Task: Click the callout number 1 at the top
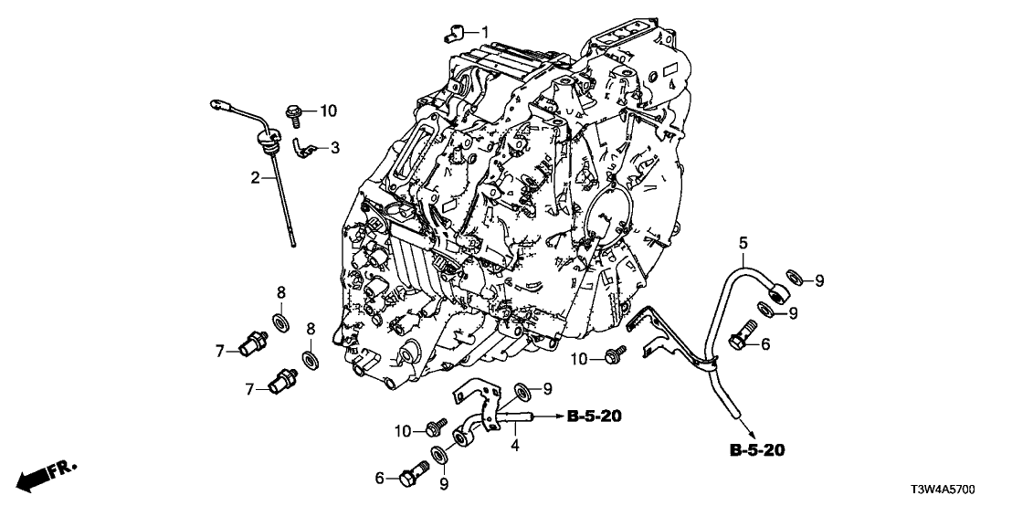(x=486, y=32)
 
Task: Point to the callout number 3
(x=335, y=147)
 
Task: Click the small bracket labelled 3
(x=301, y=144)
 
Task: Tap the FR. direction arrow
(x=48, y=474)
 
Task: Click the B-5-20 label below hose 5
(x=757, y=449)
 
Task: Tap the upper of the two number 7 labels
(x=220, y=350)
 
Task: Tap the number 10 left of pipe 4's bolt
(x=403, y=430)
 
